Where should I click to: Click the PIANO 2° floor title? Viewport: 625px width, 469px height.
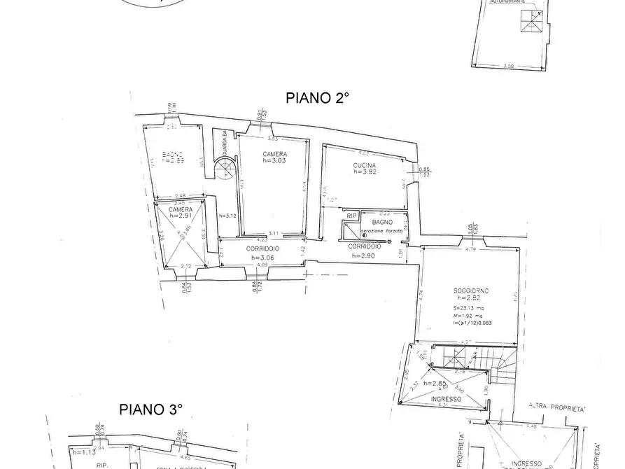click(317, 98)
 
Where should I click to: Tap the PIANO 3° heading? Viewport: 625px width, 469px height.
click(151, 409)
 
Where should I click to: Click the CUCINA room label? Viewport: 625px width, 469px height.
click(365, 164)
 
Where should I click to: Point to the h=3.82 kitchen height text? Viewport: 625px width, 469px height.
click(365, 171)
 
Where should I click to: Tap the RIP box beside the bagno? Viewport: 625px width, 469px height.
click(352, 216)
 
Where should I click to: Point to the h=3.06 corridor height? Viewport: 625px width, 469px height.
click(262, 257)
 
